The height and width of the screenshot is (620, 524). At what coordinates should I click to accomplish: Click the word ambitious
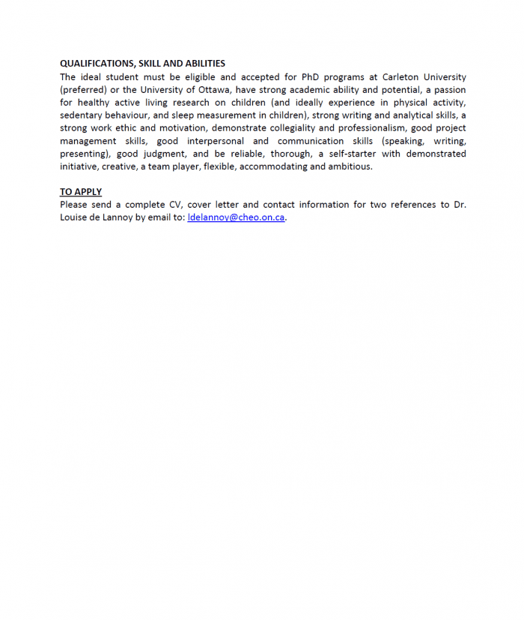(x=349, y=166)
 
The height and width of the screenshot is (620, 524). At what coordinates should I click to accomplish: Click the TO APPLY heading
(x=81, y=192)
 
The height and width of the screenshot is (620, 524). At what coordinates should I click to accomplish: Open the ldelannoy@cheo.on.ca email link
(x=236, y=217)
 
